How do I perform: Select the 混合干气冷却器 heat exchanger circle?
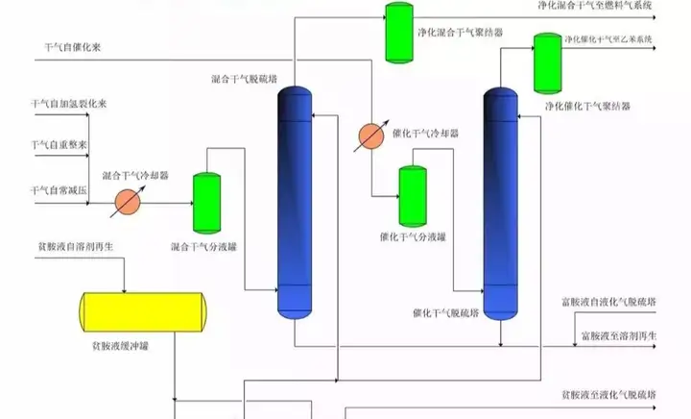(129, 202)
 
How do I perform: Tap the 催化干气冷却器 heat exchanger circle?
(371, 136)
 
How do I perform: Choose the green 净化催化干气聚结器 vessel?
(548, 63)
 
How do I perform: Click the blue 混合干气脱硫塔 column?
(294, 201)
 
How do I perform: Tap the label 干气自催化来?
(71, 46)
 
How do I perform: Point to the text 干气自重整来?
(60, 146)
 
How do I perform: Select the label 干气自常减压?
(60, 192)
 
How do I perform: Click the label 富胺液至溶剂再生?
(618, 335)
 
